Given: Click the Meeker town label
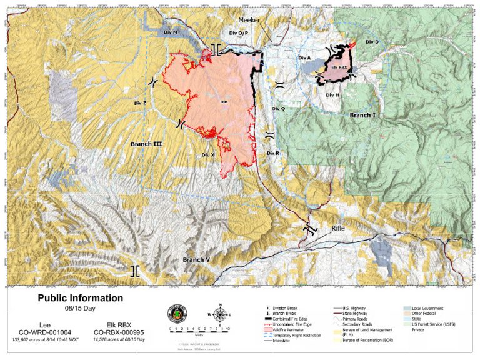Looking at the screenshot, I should [249, 20].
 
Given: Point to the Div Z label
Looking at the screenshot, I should [140, 102].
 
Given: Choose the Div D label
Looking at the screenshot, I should [372, 42].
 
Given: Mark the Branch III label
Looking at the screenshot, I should [146, 144].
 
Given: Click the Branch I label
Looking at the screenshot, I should [362, 115].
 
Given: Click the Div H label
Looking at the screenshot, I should [332, 95].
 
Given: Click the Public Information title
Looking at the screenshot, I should [81, 299].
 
